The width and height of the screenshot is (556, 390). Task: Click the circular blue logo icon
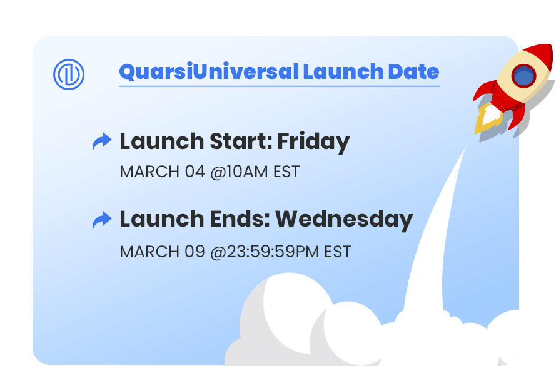tap(69, 74)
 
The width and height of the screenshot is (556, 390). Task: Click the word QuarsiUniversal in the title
tap(210, 72)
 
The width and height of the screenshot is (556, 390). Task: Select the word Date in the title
tap(413, 72)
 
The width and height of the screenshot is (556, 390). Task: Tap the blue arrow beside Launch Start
tap(102, 141)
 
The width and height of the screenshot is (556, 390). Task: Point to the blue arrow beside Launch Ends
tap(102, 220)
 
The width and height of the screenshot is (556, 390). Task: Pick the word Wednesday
tap(344, 219)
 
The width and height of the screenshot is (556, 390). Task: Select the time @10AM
tap(239, 172)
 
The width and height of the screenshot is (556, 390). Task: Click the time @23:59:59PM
tap(265, 252)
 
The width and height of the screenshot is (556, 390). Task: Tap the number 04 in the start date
tap(195, 172)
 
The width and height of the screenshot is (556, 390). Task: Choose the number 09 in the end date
tap(195, 252)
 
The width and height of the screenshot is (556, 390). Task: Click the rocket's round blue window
tap(523, 76)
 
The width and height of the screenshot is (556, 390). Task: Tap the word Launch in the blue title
tap(343, 72)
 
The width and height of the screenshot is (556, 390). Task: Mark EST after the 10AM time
tap(286, 172)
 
